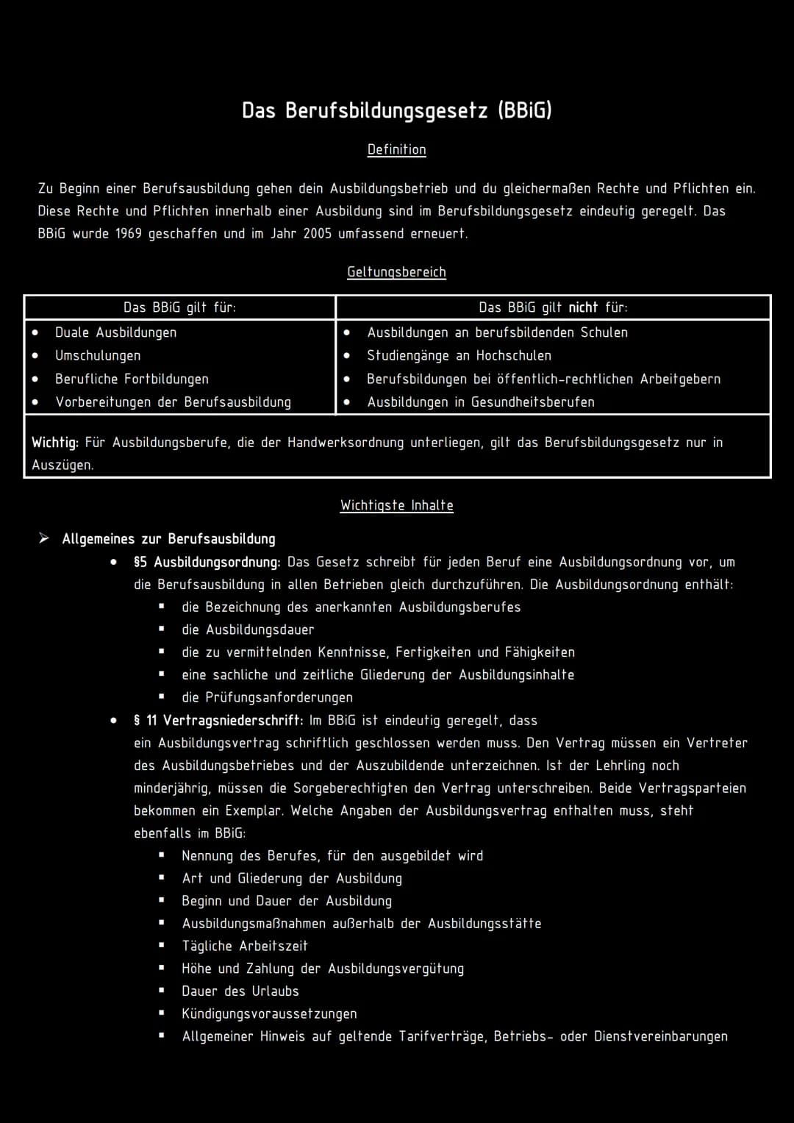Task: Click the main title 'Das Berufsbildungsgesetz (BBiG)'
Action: click(397, 110)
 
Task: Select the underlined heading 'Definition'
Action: click(397, 149)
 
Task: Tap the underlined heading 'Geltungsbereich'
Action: click(397, 272)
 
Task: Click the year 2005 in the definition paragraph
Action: click(317, 234)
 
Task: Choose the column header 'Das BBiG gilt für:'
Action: click(179, 307)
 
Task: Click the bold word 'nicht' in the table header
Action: click(583, 307)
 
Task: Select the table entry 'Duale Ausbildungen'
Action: click(115, 332)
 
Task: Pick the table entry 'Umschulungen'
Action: click(98, 356)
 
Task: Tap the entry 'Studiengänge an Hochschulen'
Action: click(459, 356)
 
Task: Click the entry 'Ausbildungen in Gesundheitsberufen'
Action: click(481, 402)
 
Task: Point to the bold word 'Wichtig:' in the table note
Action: click(55, 443)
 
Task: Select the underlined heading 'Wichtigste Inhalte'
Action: click(397, 505)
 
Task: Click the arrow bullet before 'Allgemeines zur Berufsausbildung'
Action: click(44, 539)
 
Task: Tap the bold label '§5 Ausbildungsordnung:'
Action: click(207, 562)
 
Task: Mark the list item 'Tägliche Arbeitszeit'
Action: click(245, 946)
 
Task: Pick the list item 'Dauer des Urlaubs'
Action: click(240, 991)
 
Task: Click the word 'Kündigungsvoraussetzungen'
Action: click(269, 1013)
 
